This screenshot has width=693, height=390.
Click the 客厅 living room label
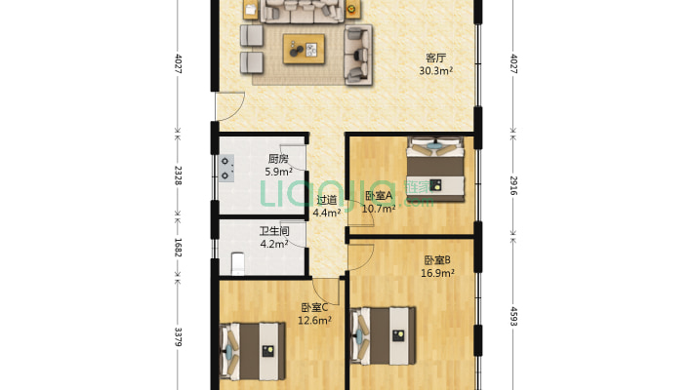pyautogui.click(x=435, y=57)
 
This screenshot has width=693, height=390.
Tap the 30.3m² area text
pyautogui.click(x=435, y=70)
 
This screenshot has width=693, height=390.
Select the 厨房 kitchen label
pyautogui.click(x=278, y=159)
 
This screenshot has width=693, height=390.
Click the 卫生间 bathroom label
pyautogui.click(x=273, y=231)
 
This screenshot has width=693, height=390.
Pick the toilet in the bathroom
pyautogui.click(x=236, y=262)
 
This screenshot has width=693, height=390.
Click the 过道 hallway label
pyautogui.click(x=326, y=200)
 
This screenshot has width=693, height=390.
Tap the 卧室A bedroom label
pyautogui.click(x=378, y=195)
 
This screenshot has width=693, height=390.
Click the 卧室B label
pyautogui.click(x=435, y=260)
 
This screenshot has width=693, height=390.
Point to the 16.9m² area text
pyautogui.click(x=435, y=273)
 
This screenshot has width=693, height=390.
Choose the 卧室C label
pyautogui.click(x=314, y=306)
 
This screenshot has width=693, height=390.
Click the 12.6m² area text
pyautogui.click(x=314, y=319)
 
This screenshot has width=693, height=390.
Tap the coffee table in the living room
pyautogui.click(x=305, y=49)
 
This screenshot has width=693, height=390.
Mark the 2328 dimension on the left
pyautogui.click(x=178, y=175)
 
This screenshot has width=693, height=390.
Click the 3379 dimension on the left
pyautogui.click(x=178, y=336)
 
